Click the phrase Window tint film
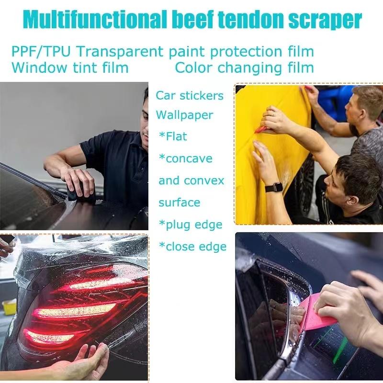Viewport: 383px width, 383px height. click(x=70, y=68)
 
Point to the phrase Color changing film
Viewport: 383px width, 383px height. click(x=244, y=68)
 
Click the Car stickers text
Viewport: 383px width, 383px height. click(x=190, y=95)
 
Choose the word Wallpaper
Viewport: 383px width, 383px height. click(x=184, y=115)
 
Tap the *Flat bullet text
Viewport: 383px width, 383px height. click(x=173, y=136)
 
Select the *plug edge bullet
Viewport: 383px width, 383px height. click(x=191, y=225)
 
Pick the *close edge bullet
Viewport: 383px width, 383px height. click(x=192, y=246)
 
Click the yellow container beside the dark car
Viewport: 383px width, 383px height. click(x=9, y=306)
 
